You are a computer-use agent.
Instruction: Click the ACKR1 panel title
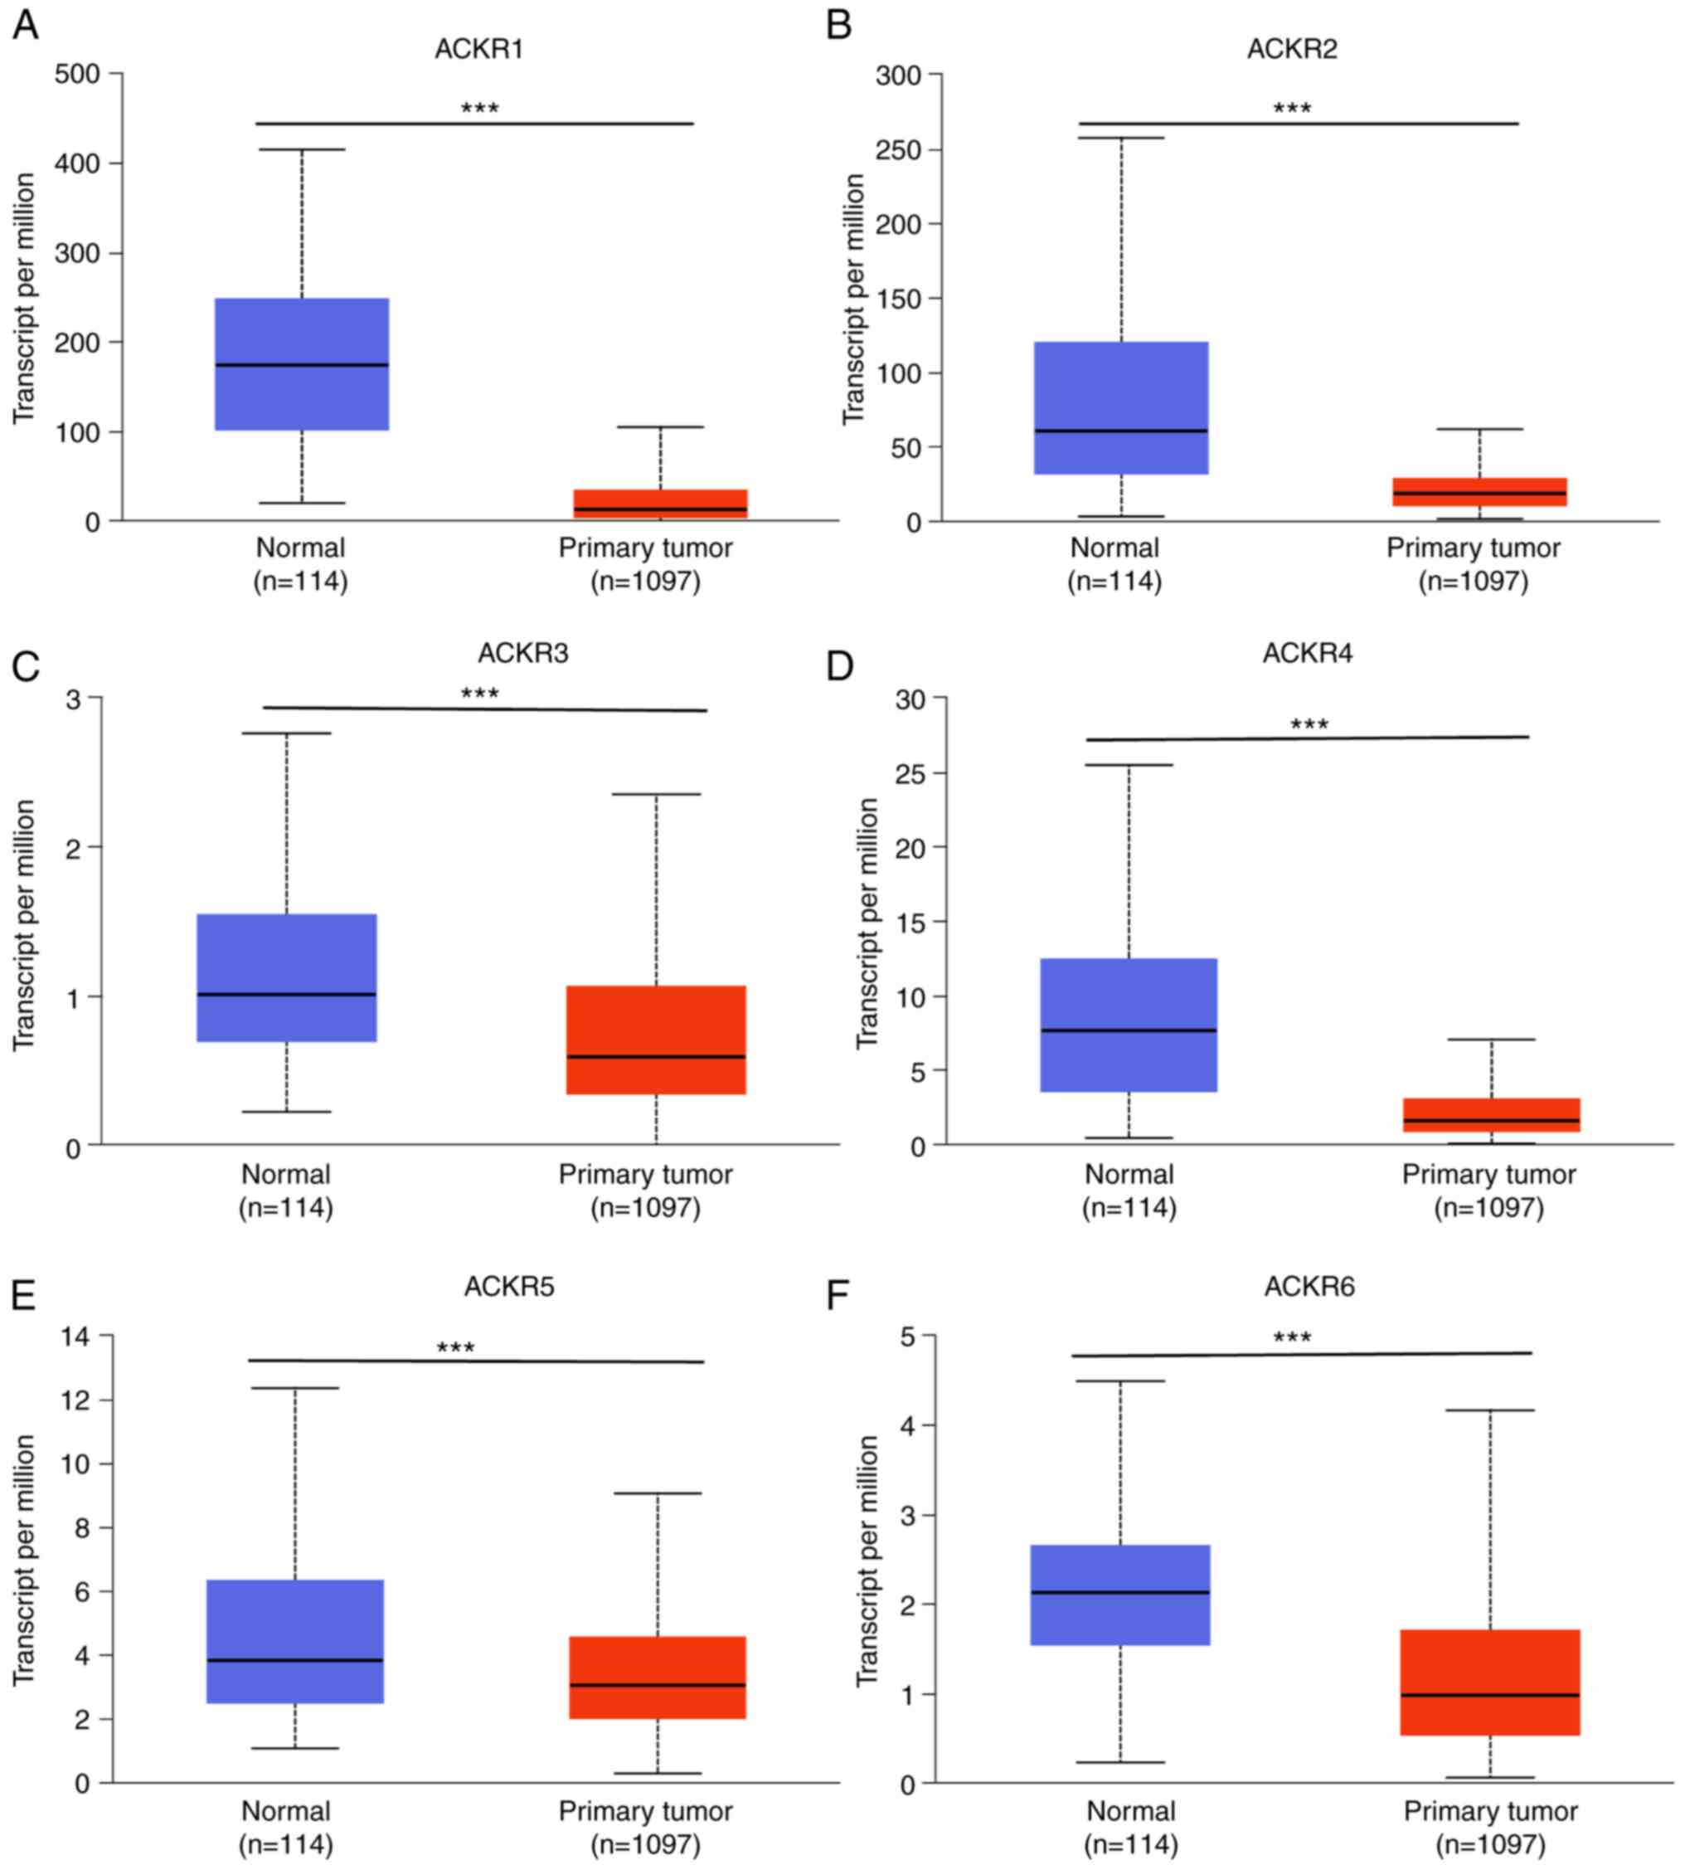tap(478, 49)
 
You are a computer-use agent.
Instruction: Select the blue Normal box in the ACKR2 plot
tap(1120, 407)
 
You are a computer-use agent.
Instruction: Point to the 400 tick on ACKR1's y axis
tap(78, 163)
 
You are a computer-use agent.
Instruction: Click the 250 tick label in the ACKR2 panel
tap(898, 150)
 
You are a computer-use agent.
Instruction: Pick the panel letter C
tap(25, 667)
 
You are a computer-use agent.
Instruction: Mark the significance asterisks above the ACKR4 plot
tap(1309, 724)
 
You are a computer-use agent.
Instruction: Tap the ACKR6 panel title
tap(1309, 1287)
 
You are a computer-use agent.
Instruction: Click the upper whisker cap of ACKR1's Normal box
tap(302, 149)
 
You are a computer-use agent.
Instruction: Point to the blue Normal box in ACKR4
tap(1128, 1025)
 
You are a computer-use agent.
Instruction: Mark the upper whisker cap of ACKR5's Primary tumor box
tap(658, 1493)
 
